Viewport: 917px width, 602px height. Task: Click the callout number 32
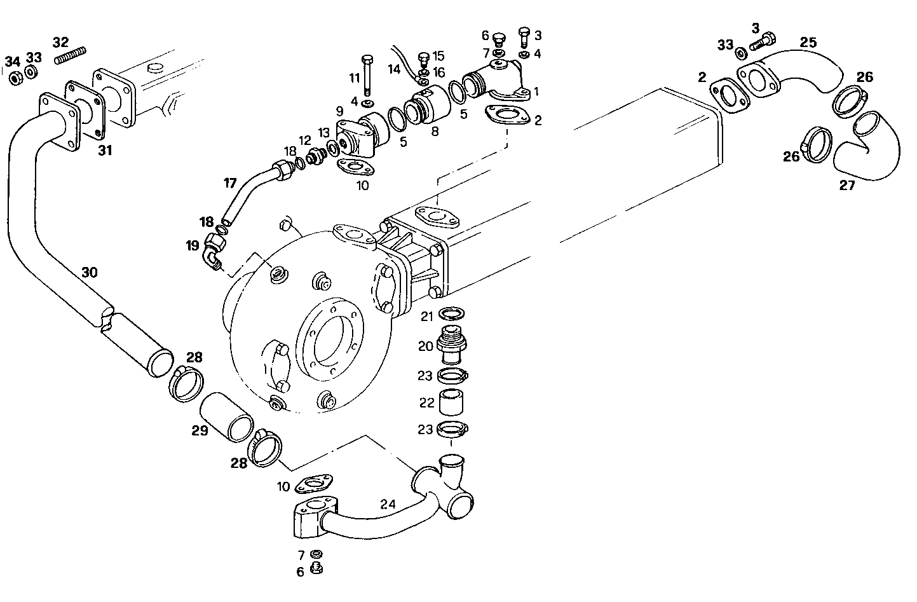[x=60, y=43]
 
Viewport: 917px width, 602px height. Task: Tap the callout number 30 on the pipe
[x=90, y=273]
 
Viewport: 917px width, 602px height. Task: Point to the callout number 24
[x=388, y=504]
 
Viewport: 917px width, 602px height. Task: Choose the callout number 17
[x=229, y=184]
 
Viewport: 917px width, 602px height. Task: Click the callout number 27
[x=847, y=186]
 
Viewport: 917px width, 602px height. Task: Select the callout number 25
[x=808, y=43]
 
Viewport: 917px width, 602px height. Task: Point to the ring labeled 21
[x=451, y=313]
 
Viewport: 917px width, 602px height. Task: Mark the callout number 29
[x=200, y=430]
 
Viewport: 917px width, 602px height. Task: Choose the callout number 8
[x=435, y=132]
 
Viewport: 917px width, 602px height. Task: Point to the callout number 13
[x=324, y=132]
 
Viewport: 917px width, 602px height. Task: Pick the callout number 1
[x=536, y=92]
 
